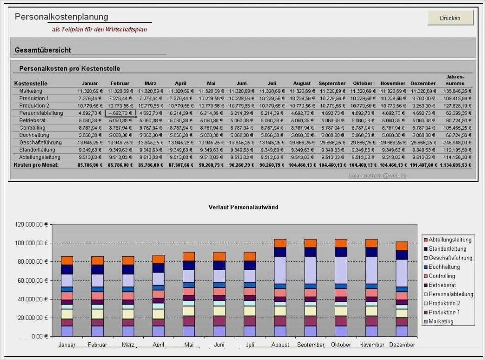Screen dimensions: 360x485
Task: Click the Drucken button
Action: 450,18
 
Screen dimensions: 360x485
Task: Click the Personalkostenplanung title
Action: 62,17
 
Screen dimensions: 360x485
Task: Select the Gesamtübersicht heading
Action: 43,50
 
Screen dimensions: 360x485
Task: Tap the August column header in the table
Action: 302,83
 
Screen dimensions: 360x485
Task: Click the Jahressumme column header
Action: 455,80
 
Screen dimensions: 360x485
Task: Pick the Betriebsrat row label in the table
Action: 32,120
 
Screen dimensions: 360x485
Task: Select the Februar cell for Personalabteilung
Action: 120,113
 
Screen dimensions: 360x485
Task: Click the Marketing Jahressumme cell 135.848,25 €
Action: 457,91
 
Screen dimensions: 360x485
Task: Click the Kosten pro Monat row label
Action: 37,165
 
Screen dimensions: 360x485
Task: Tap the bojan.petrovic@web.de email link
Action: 377,176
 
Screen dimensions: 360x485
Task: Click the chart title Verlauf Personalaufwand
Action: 243,207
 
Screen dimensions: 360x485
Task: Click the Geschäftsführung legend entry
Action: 449,258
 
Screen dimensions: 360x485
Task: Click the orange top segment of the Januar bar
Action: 67,260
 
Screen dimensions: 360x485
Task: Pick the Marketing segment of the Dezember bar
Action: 402,331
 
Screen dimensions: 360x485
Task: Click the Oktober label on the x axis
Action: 341,345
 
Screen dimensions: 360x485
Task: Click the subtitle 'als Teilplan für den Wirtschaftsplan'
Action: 100,29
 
